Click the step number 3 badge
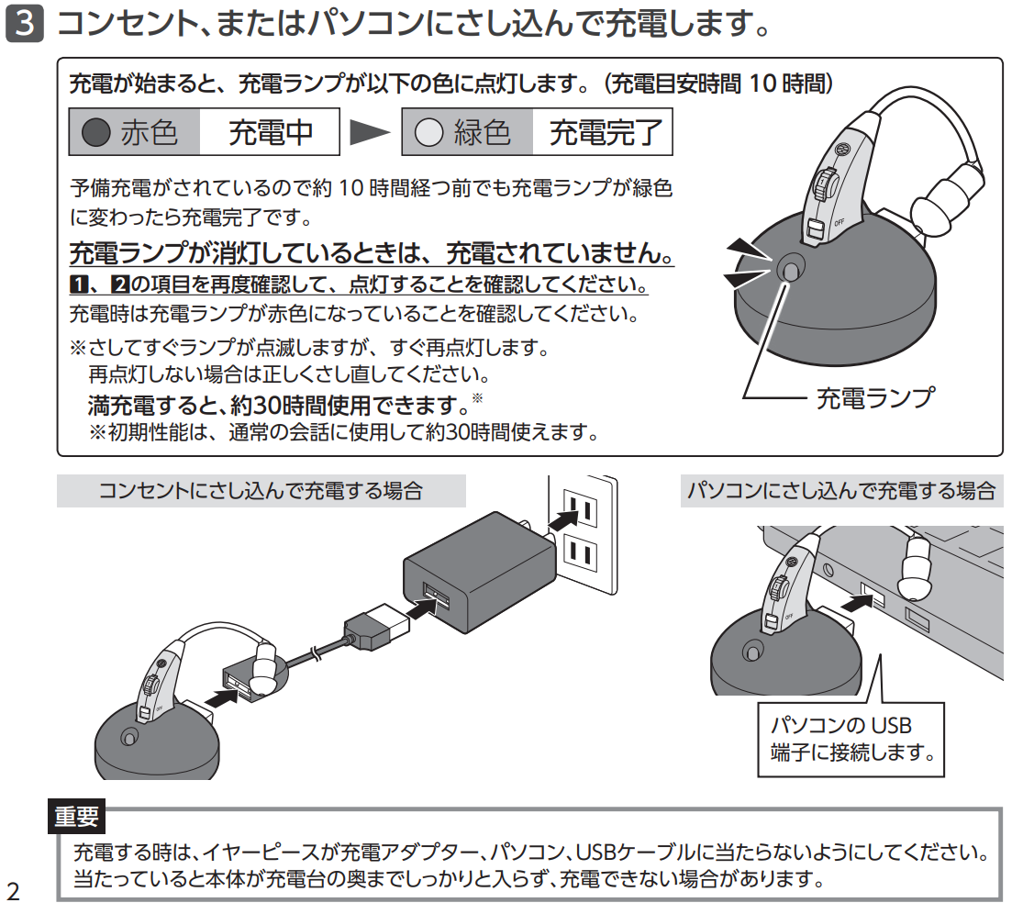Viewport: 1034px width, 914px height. (x=24, y=25)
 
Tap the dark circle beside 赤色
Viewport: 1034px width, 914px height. (x=96, y=133)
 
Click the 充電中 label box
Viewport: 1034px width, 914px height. (x=270, y=133)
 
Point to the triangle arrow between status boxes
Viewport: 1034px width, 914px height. (x=371, y=133)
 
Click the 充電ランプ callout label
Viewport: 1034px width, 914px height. (x=873, y=397)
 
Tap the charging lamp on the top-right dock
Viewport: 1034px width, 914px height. (x=791, y=268)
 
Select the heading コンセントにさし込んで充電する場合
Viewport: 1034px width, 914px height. (x=261, y=491)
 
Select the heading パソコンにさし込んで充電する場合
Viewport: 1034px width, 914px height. (x=841, y=491)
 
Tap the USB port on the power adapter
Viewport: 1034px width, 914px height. (x=436, y=597)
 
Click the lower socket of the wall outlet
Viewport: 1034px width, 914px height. (x=579, y=552)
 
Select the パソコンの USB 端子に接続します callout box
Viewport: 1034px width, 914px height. (x=852, y=740)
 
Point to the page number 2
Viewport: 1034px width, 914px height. (x=13, y=890)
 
